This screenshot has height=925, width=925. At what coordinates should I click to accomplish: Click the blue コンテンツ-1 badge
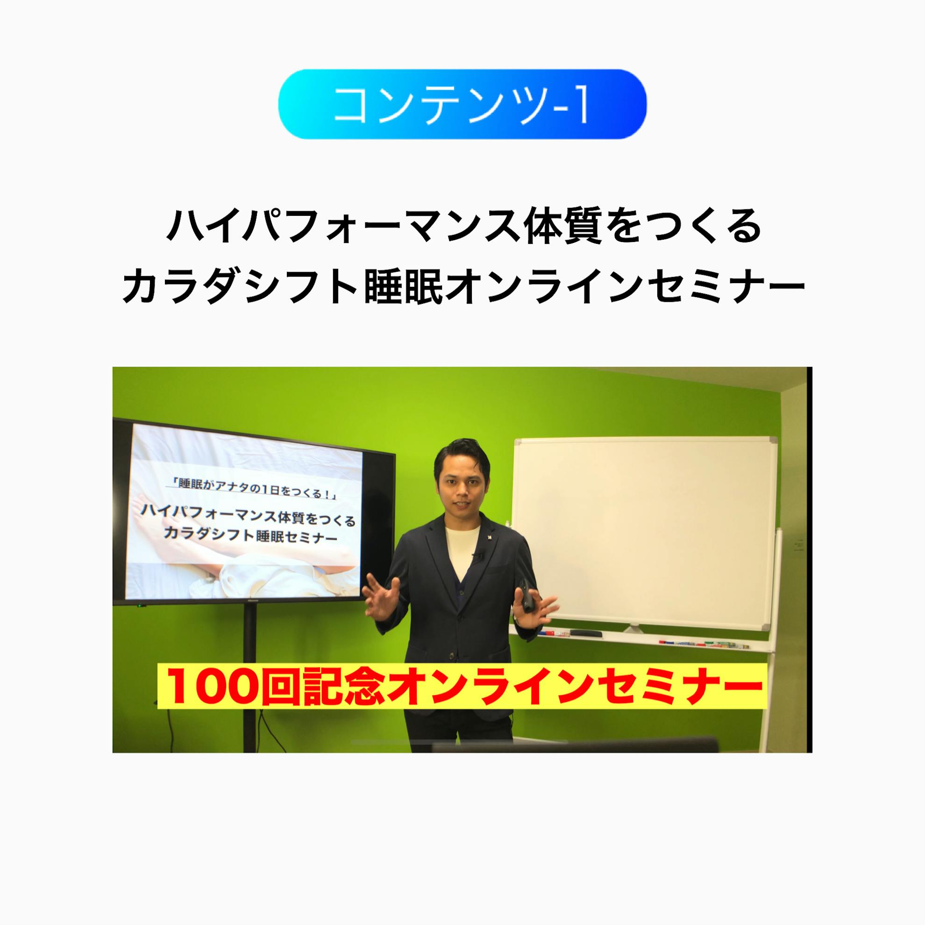(x=462, y=104)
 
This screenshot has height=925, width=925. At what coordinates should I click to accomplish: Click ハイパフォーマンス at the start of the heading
(x=335, y=227)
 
